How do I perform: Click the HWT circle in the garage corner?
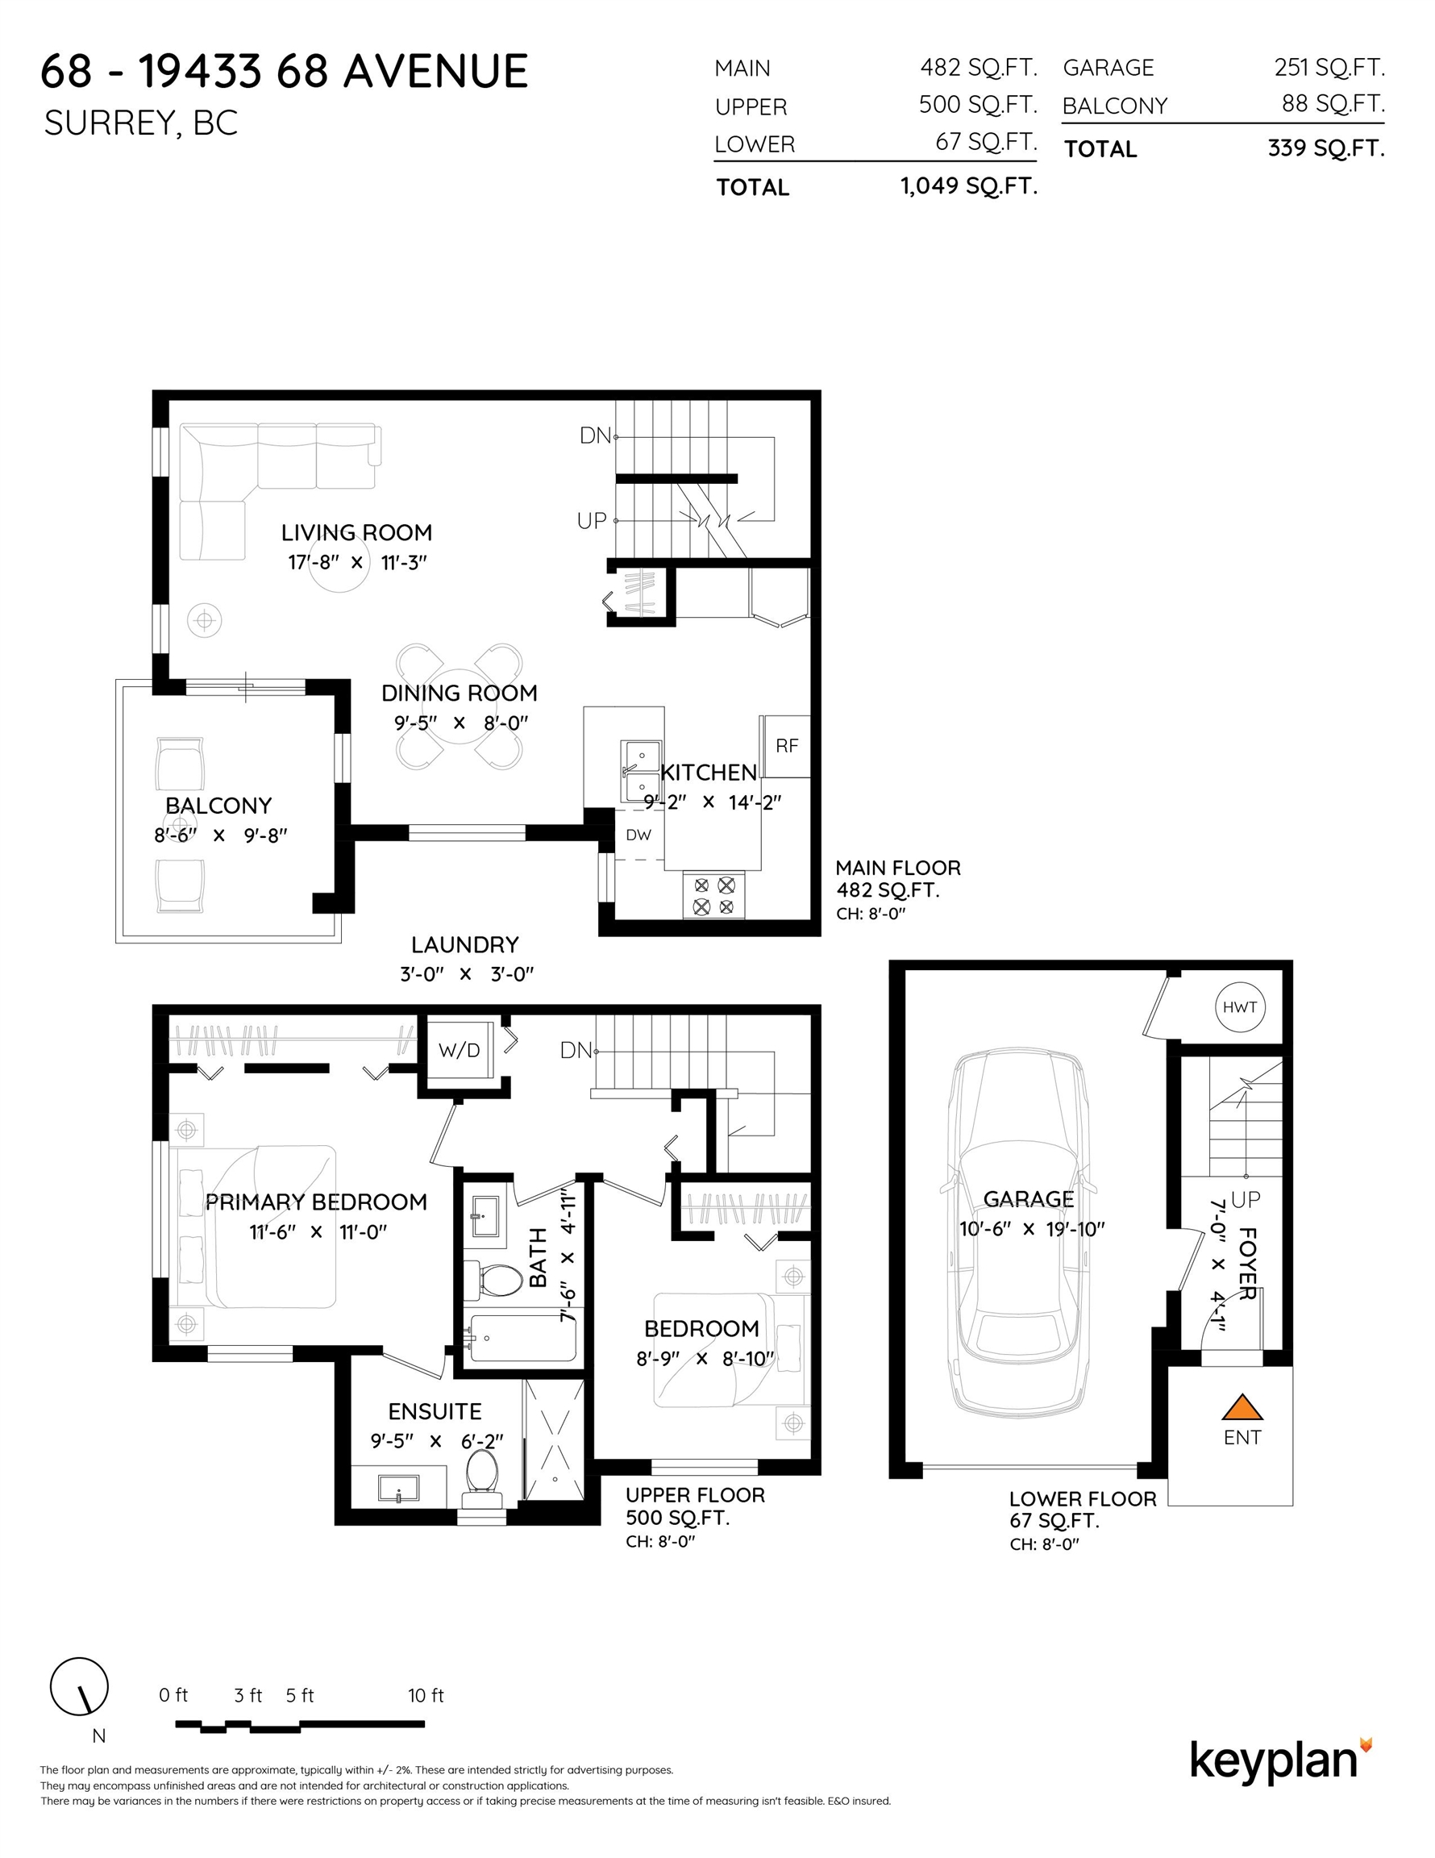point(1238,1007)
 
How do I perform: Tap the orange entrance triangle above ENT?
point(1242,1408)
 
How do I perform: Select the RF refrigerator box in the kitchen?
point(786,746)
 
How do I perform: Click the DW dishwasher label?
point(638,835)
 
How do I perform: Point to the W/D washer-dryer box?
point(459,1050)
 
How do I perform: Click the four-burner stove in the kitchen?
point(713,895)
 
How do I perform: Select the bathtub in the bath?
point(522,1339)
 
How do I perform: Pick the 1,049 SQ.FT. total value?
point(969,186)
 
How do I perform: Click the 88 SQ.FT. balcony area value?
point(1333,104)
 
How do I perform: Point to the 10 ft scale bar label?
point(426,1696)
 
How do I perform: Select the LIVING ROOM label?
point(356,532)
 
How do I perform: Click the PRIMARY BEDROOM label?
point(315,1202)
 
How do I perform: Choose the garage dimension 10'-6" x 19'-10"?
point(1032,1229)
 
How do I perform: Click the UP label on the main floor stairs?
point(592,521)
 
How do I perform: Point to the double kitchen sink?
point(641,772)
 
